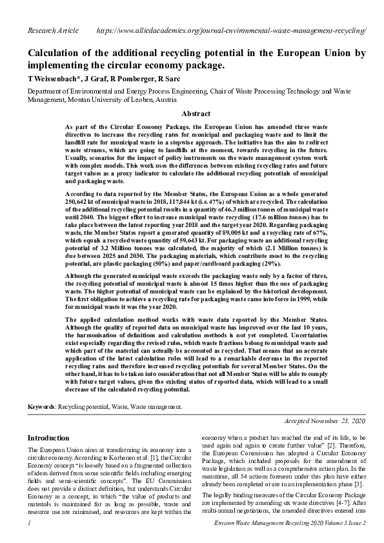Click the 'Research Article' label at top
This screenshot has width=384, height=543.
(53, 30)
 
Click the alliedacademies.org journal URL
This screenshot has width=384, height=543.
(231, 30)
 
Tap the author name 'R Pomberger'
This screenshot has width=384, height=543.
(135, 79)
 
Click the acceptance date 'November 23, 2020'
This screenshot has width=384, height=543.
(337, 420)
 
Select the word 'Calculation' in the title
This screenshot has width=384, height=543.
(59, 54)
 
